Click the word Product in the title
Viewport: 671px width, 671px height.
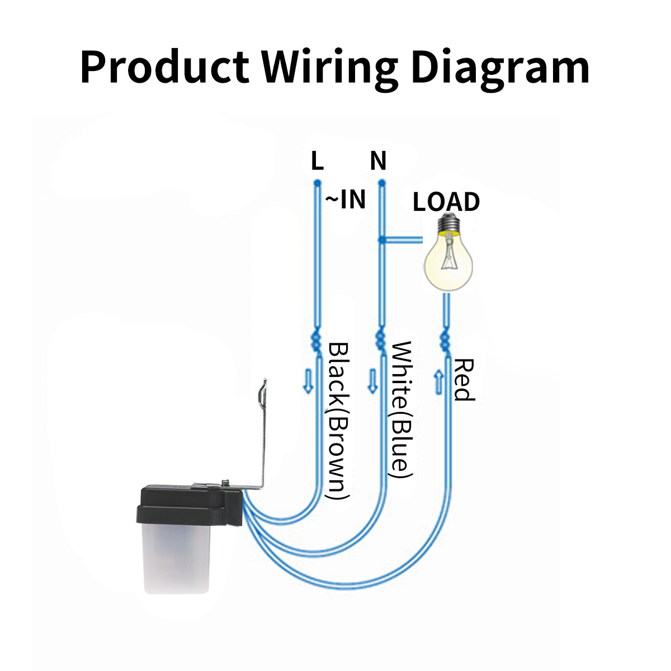pyautogui.click(x=164, y=67)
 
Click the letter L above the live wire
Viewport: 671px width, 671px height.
pyautogui.click(x=317, y=162)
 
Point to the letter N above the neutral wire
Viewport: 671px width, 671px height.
pyautogui.click(x=379, y=162)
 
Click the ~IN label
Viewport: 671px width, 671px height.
pyautogui.click(x=346, y=200)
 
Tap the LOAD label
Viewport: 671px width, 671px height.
pyautogui.click(x=446, y=202)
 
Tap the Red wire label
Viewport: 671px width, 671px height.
pyautogui.click(x=464, y=380)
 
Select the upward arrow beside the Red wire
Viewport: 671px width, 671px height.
pyautogui.click(x=438, y=382)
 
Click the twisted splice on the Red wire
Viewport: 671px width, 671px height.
pyautogui.click(x=446, y=339)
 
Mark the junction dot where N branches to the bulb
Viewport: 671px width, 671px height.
pyautogui.click(x=381, y=240)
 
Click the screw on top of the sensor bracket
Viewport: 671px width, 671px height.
pyautogui.click(x=225, y=481)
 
